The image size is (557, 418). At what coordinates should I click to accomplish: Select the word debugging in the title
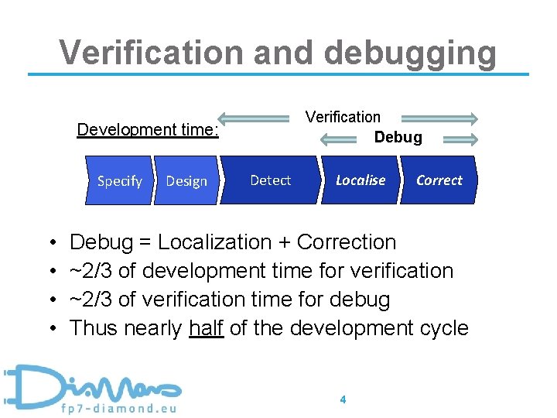pyautogui.click(x=410, y=53)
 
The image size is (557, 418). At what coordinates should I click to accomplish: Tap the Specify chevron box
pyautogui.click(x=119, y=181)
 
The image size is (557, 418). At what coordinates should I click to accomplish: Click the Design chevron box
pyautogui.click(x=186, y=181)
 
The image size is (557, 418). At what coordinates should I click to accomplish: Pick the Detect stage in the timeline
pyautogui.click(x=270, y=180)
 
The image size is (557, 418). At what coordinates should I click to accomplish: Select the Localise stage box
pyautogui.click(x=360, y=180)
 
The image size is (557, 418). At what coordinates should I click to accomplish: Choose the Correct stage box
pyautogui.click(x=439, y=180)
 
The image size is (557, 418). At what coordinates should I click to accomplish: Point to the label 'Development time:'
pyautogui.click(x=148, y=129)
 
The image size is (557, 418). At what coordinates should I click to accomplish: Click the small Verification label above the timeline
pyautogui.click(x=343, y=117)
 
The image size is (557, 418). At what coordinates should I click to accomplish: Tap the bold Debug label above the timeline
pyautogui.click(x=398, y=138)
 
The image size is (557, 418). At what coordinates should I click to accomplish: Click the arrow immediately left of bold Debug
pyautogui.click(x=343, y=139)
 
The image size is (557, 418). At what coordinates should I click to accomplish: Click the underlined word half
pyautogui.click(x=207, y=328)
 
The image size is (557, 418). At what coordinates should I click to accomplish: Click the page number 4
pyautogui.click(x=343, y=399)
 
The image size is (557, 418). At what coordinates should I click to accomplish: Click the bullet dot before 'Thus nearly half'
pyautogui.click(x=50, y=329)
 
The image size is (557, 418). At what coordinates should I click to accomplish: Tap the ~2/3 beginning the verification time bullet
pyautogui.click(x=87, y=300)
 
